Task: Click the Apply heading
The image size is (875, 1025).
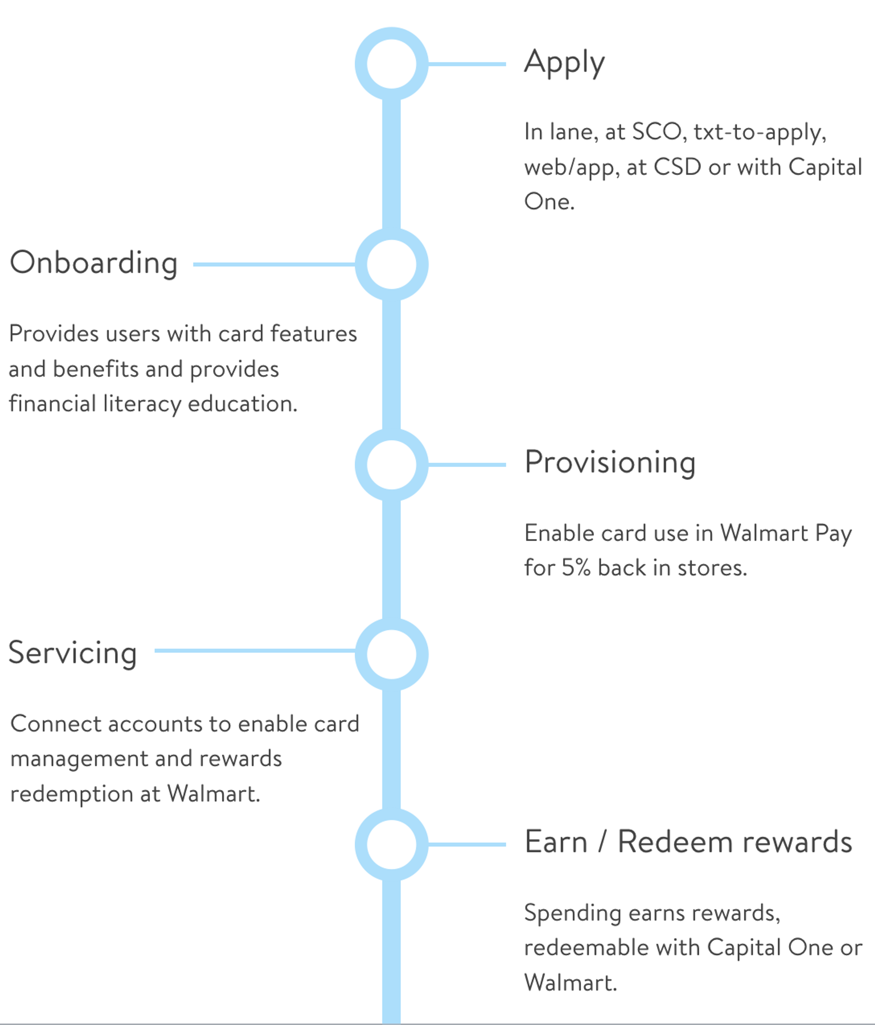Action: point(564,63)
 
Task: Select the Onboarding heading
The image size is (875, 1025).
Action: point(94,263)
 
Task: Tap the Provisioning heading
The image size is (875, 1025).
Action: point(610,463)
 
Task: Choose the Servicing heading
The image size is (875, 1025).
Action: point(72,653)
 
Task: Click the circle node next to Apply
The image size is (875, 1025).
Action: point(391,64)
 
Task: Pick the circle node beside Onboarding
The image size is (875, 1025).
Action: point(391,264)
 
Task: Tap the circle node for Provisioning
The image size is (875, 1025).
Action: point(391,464)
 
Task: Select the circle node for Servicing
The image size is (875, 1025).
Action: point(391,654)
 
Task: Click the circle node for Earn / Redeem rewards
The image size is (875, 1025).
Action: point(391,844)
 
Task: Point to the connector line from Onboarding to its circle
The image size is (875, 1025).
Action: point(273,264)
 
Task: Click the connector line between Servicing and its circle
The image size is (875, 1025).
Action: point(254,650)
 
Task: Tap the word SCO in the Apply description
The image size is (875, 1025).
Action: point(656,132)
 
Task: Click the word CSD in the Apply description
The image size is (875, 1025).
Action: point(677,167)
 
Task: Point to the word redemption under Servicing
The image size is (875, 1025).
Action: point(71,794)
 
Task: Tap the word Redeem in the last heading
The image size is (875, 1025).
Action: point(675,842)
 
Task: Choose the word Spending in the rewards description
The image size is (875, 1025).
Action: point(572,913)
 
